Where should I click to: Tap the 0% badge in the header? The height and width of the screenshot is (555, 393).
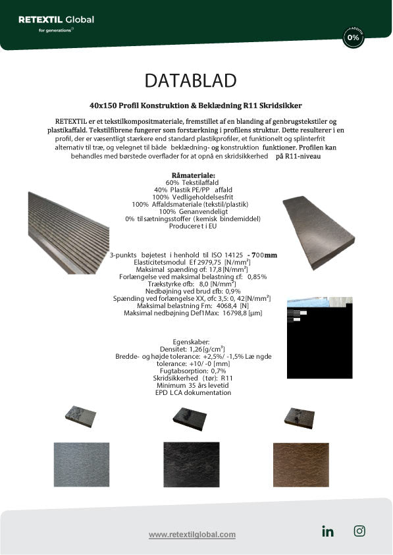(x=354, y=38)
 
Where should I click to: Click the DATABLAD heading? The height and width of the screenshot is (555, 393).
(x=190, y=80)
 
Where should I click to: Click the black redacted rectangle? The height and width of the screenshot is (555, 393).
(x=324, y=332)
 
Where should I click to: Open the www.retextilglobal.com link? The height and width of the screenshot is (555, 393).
(x=192, y=535)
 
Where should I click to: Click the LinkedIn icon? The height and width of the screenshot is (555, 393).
(x=328, y=532)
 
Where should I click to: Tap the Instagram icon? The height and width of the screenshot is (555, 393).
(x=359, y=531)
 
